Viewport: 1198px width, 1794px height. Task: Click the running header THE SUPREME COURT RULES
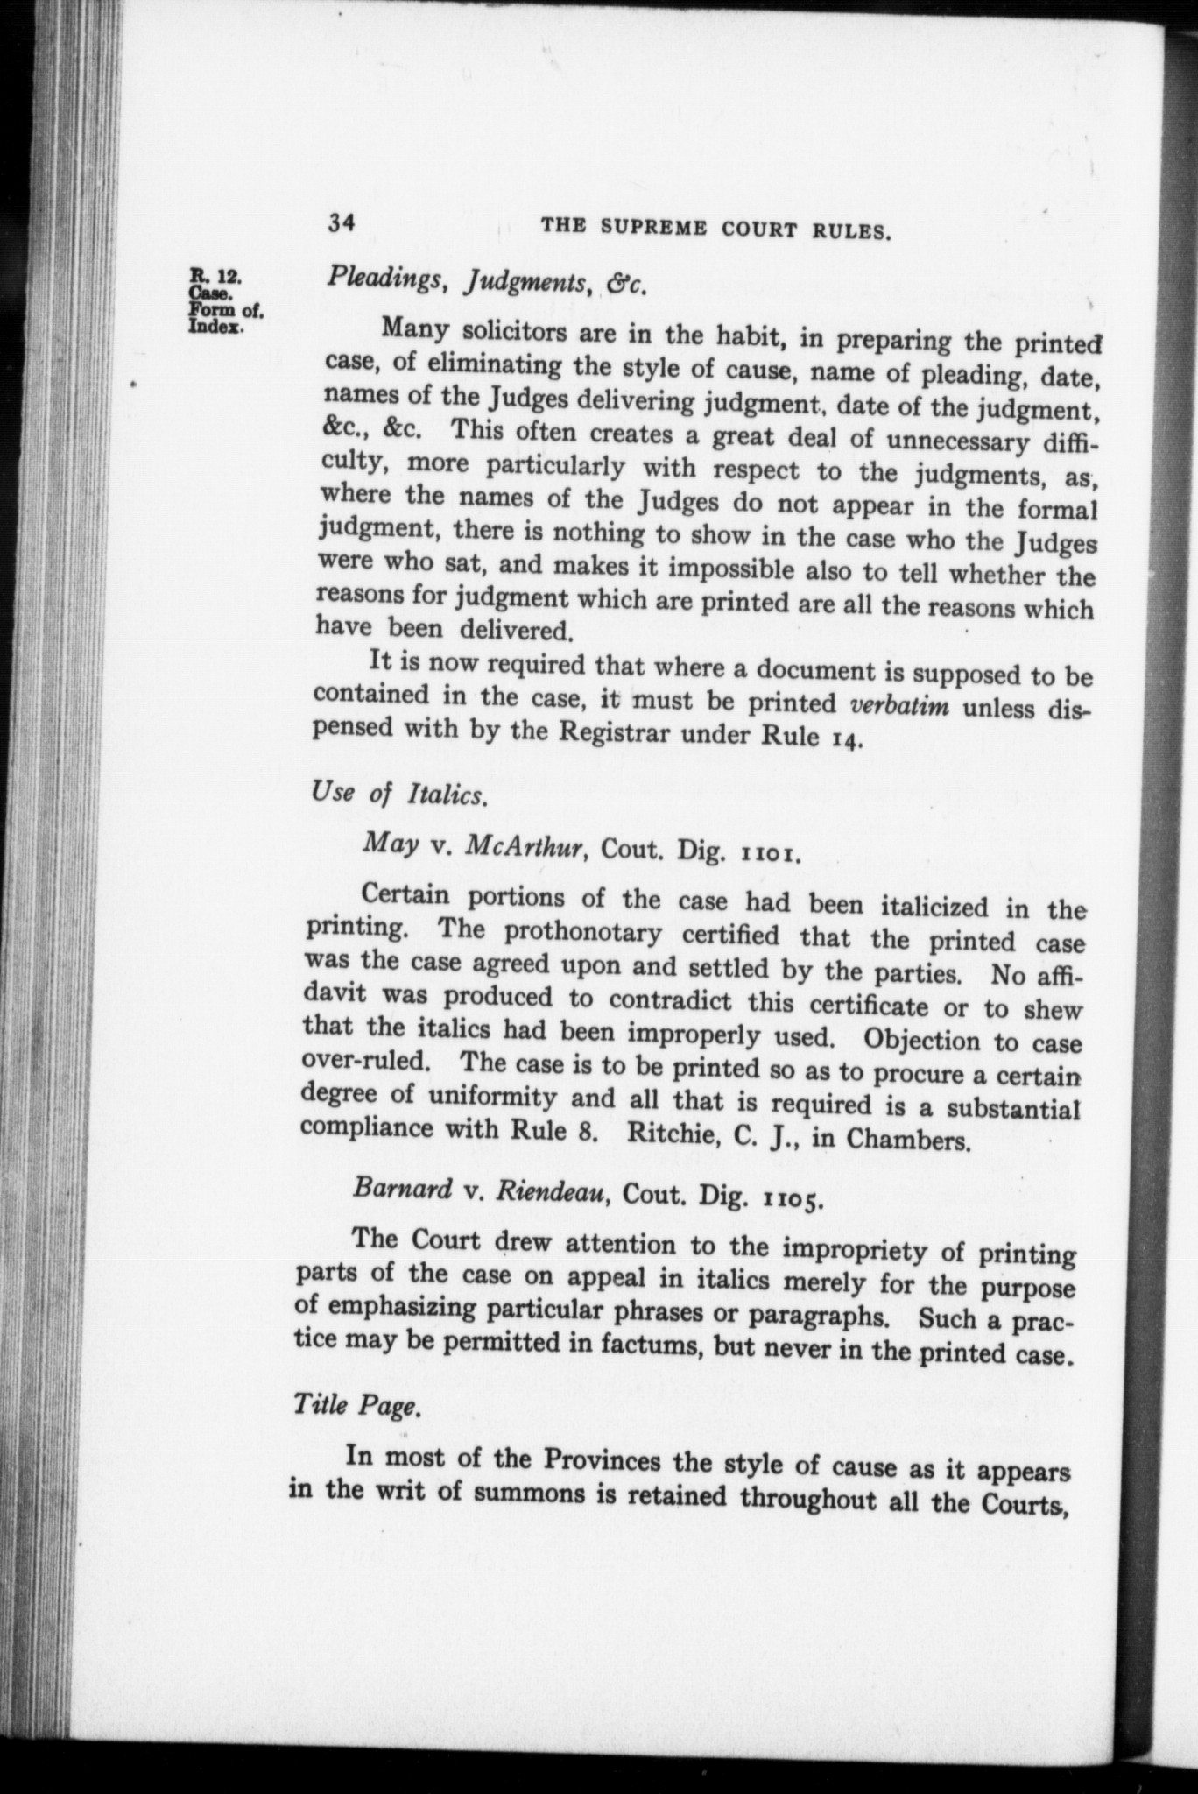(x=717, y=230)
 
